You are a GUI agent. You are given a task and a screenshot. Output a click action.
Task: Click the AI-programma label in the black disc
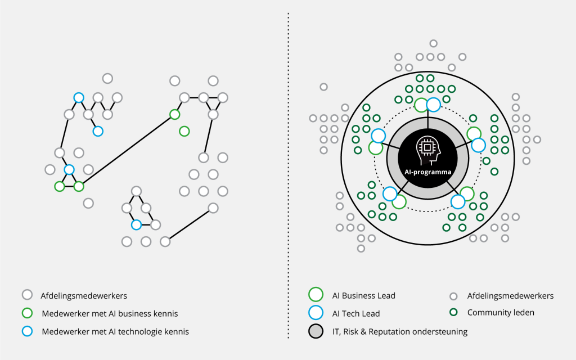click(427, 172)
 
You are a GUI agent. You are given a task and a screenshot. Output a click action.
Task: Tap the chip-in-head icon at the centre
click(428, 150)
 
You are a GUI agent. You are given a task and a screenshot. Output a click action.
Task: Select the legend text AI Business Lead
click(364, 296)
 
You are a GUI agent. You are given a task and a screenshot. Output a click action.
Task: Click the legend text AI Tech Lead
click(356, 314)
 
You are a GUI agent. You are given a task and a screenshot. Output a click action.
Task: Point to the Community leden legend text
click(501, 313)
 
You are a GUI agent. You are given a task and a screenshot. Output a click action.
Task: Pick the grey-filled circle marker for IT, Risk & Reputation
click(316, 331)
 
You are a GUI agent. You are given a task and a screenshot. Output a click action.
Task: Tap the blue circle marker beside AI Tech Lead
click(316, 313)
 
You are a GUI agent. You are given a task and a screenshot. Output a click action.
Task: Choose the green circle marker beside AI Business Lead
click(316, 295)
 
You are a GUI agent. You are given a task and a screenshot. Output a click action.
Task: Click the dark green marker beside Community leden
click(454, 312)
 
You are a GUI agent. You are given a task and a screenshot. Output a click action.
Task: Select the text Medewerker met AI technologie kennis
click(115, 332)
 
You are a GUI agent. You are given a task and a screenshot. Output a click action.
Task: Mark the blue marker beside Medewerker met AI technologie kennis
click(27, 331)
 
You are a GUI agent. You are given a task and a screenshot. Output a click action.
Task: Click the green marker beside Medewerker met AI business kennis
click(27, 313)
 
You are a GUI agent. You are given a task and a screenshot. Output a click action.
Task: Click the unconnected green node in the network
click(184, 131)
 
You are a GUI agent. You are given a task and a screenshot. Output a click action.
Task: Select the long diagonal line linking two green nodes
click(127, 151)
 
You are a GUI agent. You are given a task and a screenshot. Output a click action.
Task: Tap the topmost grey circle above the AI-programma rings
click(434, 44)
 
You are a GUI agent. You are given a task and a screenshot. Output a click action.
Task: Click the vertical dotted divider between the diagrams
click(289, 175)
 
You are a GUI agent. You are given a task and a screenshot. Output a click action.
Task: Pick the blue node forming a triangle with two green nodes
click(69, 170)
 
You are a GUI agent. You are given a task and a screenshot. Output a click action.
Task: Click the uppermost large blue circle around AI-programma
click(434, 105)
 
